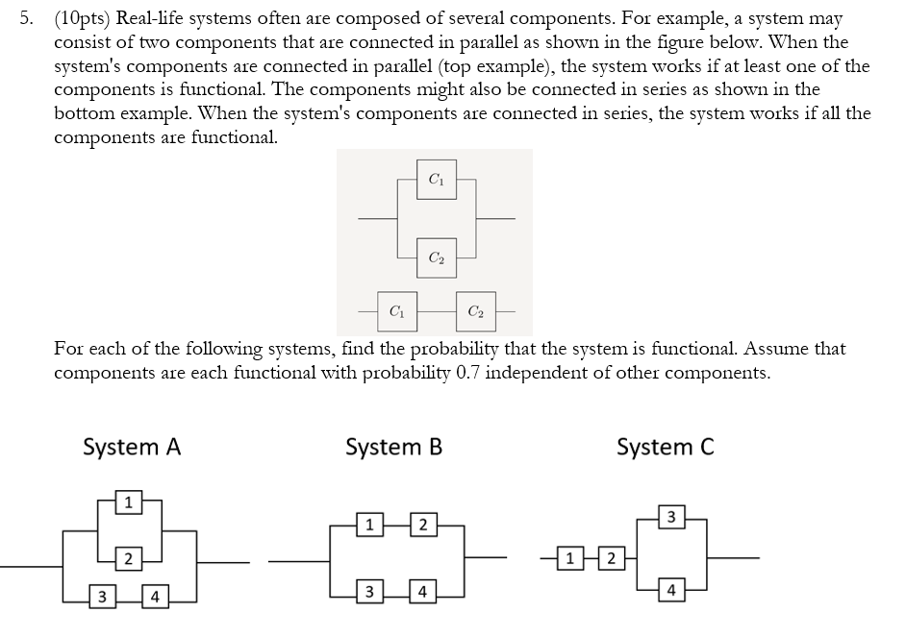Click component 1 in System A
[128, 501]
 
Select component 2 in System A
[128, 559]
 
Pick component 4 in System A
[155, 598]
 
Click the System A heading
[133, 447]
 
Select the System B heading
[393, 447]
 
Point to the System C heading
[666, 447]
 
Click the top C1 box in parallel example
[436, 179]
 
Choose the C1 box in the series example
[396, 311]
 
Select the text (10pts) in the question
[82, 18]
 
